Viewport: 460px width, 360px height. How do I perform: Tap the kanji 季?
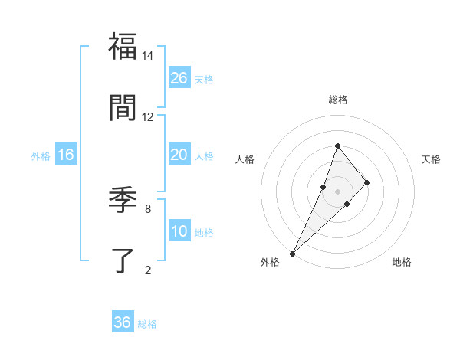coord(123,200)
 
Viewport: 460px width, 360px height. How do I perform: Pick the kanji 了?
coord(123,260)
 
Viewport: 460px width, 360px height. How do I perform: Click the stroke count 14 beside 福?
coord(148,56)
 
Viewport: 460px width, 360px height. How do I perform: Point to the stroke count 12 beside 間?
coord(148,117)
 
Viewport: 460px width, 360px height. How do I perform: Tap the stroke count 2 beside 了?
coord(148,270)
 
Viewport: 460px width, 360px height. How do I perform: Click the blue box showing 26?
coord(179,78)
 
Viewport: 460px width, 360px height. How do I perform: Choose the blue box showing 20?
coord(179,155)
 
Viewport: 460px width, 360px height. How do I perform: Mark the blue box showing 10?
coord(179,231)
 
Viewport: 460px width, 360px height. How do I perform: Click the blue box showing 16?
coord(66,155)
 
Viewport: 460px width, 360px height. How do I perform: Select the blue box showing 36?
coord(123,322)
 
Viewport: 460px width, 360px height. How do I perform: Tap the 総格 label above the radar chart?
coord(337,100)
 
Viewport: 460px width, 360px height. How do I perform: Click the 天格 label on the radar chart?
coord(432,159)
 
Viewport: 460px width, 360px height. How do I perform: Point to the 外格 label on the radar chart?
coord(270,262)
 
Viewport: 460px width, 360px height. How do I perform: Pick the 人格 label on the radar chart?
coord(245,159)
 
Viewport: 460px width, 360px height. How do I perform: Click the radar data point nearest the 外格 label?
coord(292,253)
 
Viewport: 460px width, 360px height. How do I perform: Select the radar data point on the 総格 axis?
coord(337,146)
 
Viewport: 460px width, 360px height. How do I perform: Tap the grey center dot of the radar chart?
coord(337,191)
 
